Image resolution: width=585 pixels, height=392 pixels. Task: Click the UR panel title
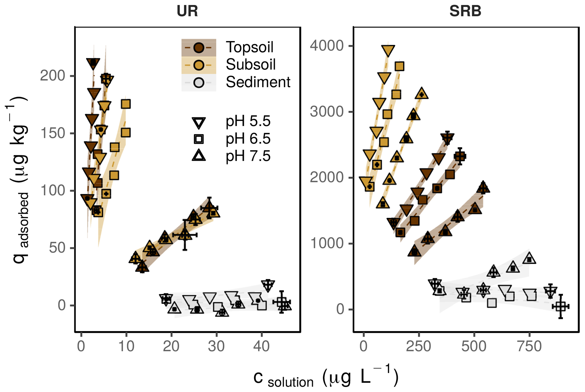[x=187, y=11]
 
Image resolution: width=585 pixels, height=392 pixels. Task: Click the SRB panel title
[x=465, y=11]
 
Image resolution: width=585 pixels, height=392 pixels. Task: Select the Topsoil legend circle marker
[x=199, y=48]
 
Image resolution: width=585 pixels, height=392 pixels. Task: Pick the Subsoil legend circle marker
[x=199, y=65]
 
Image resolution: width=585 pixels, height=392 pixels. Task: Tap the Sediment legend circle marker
[x=199, y=82]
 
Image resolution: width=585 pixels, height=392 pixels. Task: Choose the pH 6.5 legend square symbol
[x=199, y=139]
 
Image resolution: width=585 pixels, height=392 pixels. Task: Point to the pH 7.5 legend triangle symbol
[x=199, y=155]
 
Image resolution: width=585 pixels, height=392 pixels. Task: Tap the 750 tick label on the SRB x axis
[x=529, y=346]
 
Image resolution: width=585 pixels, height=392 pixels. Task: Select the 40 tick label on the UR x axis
[x=261, y=346]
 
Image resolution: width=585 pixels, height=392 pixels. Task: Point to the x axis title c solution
[x=325, y=378]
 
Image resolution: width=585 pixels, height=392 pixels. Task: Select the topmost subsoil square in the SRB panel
[x=399, y=67]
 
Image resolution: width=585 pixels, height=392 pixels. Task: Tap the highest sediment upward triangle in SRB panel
[x=529, y=258]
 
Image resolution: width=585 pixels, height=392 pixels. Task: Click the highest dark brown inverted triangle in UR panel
[x=93, y=63]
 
